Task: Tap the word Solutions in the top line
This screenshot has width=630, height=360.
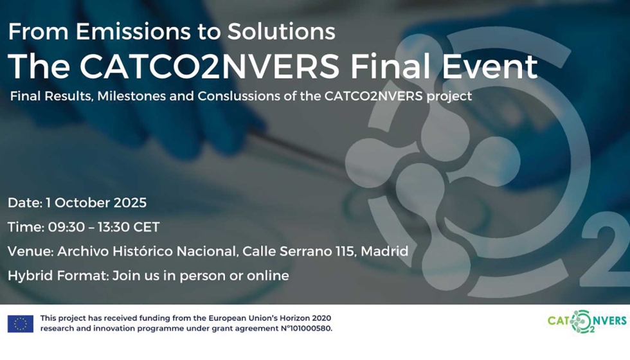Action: [282, 32]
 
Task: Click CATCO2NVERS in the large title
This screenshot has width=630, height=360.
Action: [210, 66]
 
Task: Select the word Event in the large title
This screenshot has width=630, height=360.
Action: [490, 66]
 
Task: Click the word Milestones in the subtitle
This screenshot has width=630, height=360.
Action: [131, 96]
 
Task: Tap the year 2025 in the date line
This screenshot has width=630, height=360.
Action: [130, 203]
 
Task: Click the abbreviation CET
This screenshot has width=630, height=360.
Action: [147, 227]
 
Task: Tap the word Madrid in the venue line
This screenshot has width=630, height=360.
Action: [384, 251]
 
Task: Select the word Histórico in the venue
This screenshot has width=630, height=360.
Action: [143, 251]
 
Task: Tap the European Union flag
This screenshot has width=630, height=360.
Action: [21, 324]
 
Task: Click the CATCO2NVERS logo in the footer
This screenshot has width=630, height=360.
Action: [587, 321]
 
